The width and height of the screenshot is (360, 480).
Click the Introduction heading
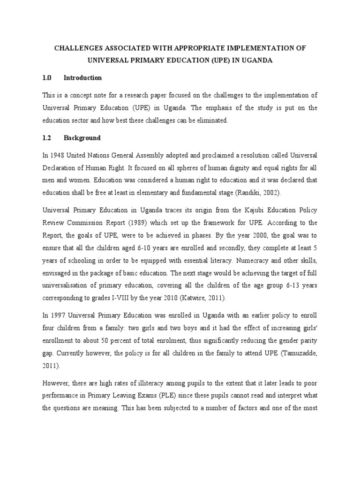click(82, 78)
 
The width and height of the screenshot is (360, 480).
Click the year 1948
click(59, 155)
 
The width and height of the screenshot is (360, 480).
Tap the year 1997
click(59, 312)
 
